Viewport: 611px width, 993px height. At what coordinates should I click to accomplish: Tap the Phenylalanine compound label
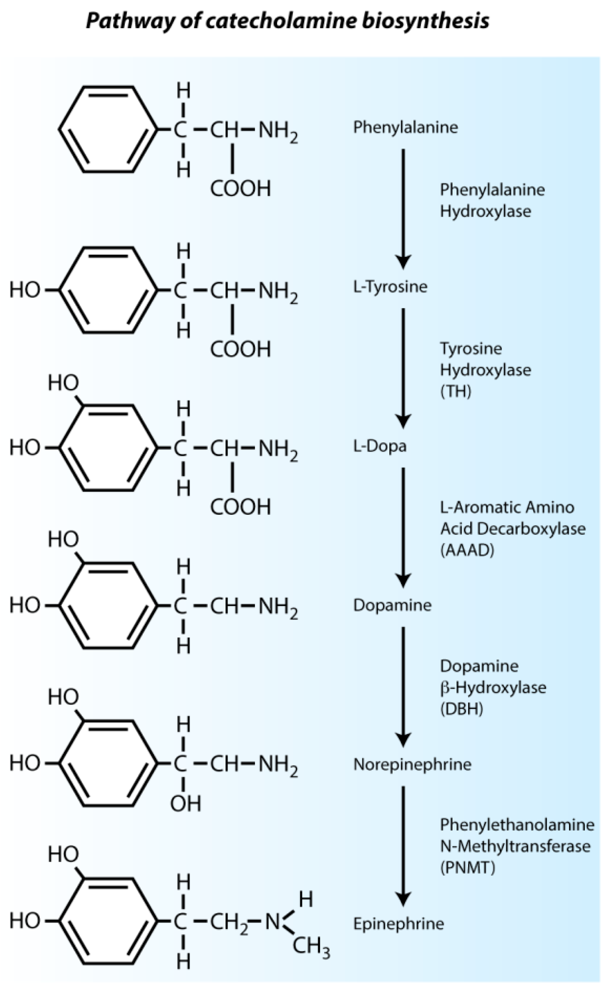pos(405,127)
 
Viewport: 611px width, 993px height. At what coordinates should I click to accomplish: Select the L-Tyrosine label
pos(390,287)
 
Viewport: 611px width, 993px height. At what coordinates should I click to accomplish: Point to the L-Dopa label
pos(379,446)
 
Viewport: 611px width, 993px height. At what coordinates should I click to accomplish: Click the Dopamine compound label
pos(392,605)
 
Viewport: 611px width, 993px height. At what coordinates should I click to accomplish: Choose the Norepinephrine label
pos(412,764)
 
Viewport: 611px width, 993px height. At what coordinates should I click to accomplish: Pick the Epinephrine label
pos(398,924)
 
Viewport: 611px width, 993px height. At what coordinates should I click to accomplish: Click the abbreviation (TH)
pos(455,391)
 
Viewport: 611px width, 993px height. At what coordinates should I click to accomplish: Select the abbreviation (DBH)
pos(462,709)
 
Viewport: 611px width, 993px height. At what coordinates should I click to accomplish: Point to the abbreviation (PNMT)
pos(467,867)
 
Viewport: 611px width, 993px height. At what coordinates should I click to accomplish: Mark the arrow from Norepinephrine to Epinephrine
pos(403,846)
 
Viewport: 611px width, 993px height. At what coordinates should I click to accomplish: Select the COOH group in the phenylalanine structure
pos(240,189)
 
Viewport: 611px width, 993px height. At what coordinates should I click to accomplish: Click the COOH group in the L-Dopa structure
pos(240,507)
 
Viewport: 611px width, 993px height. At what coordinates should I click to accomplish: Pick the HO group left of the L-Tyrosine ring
pos(25,290)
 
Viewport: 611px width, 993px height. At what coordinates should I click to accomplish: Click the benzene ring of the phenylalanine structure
pos(108,130)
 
